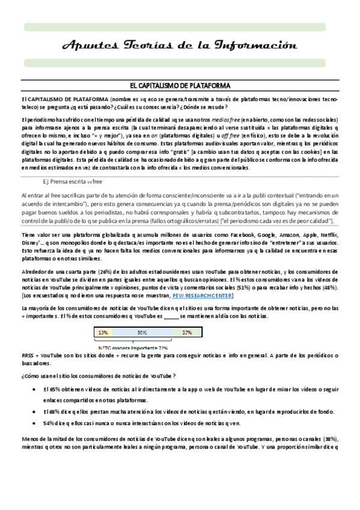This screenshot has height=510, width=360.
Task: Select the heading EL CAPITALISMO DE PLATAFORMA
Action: point(180,87)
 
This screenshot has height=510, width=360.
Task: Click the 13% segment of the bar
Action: point(103,332)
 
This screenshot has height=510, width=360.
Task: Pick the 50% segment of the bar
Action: point(142,332)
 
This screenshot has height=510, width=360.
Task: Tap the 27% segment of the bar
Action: point(187,332)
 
